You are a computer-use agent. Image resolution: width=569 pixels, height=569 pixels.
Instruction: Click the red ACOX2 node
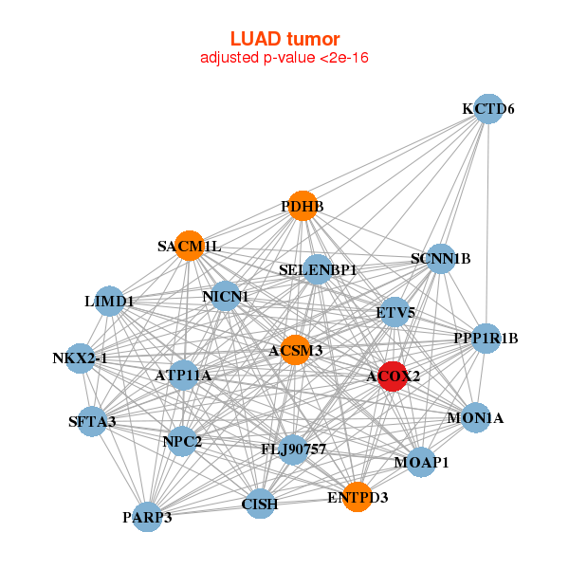[393, 376]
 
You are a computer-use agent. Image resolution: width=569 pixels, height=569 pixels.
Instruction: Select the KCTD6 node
[487, 109]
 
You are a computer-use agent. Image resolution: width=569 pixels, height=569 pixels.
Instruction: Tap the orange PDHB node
[302, 206]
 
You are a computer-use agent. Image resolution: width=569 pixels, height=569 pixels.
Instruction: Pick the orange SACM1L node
[189, 246]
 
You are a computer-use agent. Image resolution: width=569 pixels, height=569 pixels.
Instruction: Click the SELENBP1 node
[318, 269]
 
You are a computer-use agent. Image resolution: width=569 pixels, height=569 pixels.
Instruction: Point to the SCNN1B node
[440, 258]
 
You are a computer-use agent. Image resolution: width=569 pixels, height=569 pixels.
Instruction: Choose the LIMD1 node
[109, 301]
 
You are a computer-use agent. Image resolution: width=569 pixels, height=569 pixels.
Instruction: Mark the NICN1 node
[225, 296]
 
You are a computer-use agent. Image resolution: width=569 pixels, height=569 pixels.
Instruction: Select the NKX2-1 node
[81, 358]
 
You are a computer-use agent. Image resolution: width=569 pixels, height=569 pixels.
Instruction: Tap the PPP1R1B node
[486, 338]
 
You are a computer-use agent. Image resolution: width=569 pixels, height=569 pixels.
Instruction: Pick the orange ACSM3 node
[295, 350]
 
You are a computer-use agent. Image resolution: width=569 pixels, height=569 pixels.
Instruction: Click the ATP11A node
[183, 376]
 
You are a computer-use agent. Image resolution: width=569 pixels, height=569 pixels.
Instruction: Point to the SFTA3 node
[92, 421]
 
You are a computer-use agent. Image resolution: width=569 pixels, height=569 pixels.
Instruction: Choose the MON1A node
[475, 417]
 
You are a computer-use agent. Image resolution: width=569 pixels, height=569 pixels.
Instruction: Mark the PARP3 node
[147, 517]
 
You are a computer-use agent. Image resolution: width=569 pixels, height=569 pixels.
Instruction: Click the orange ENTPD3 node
[358, 496]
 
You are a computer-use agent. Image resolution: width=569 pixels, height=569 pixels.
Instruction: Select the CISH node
[260, 504]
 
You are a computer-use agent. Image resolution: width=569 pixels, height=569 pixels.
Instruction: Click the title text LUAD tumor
[284, 39]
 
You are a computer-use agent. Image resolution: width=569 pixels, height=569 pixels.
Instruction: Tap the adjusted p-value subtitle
[284, 58]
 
